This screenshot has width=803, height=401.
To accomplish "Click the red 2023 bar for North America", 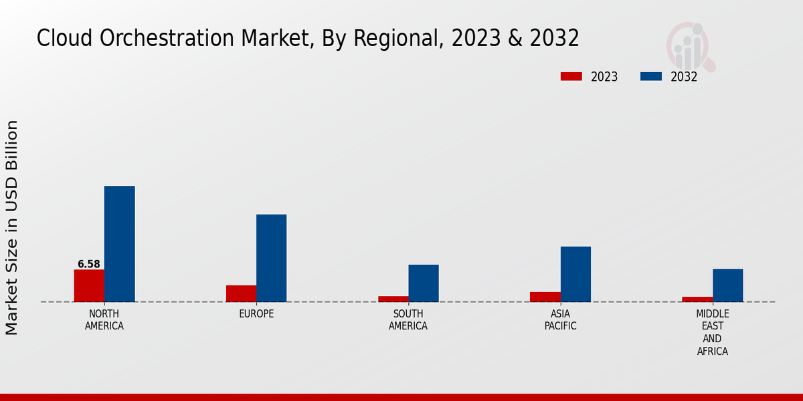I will click(89, 285).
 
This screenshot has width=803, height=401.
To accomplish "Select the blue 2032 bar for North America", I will click(119, 244).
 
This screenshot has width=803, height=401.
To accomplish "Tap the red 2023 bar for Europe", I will click(241, 293).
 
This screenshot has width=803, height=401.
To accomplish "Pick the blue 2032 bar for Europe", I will click(271, 258).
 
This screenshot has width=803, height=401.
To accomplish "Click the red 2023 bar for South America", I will click(393, 299).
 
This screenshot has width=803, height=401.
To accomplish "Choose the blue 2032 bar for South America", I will click(424, 283).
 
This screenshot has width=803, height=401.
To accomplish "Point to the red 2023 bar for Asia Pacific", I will click(545, 297).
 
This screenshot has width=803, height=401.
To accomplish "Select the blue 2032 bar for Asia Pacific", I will click(575, 274).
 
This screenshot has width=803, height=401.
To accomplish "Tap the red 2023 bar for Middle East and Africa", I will click(697, 299).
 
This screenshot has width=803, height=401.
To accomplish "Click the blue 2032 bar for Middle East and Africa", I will click(727, 285).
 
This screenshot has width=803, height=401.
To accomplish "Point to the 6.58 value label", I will click(89, 264).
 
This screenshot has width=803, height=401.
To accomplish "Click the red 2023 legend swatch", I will click(571, 76).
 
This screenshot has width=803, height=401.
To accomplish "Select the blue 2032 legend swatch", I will click(651, 76).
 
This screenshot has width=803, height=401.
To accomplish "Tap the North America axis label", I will click(104, 320).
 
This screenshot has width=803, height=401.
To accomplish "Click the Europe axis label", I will click(256, 314).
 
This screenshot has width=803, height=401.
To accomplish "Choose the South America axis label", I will click(408, 320).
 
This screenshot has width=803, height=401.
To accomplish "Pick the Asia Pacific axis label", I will click(560, 320).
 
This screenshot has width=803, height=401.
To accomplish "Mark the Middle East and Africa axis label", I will click(713, 332).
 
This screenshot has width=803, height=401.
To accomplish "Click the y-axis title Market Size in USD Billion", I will click(12, 227).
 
